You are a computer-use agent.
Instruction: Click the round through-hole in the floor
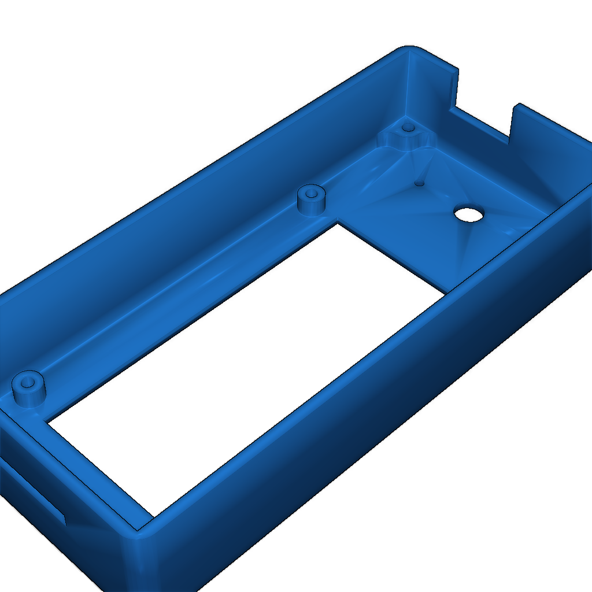[469, 214]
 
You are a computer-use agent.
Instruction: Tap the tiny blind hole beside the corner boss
[420, 183]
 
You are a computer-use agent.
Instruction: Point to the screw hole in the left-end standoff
[27, 382]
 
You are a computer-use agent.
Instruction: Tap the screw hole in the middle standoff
[312, 193]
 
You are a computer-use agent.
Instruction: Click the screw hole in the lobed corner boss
[408, 127]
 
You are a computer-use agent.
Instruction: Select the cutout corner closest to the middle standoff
[335, 223]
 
